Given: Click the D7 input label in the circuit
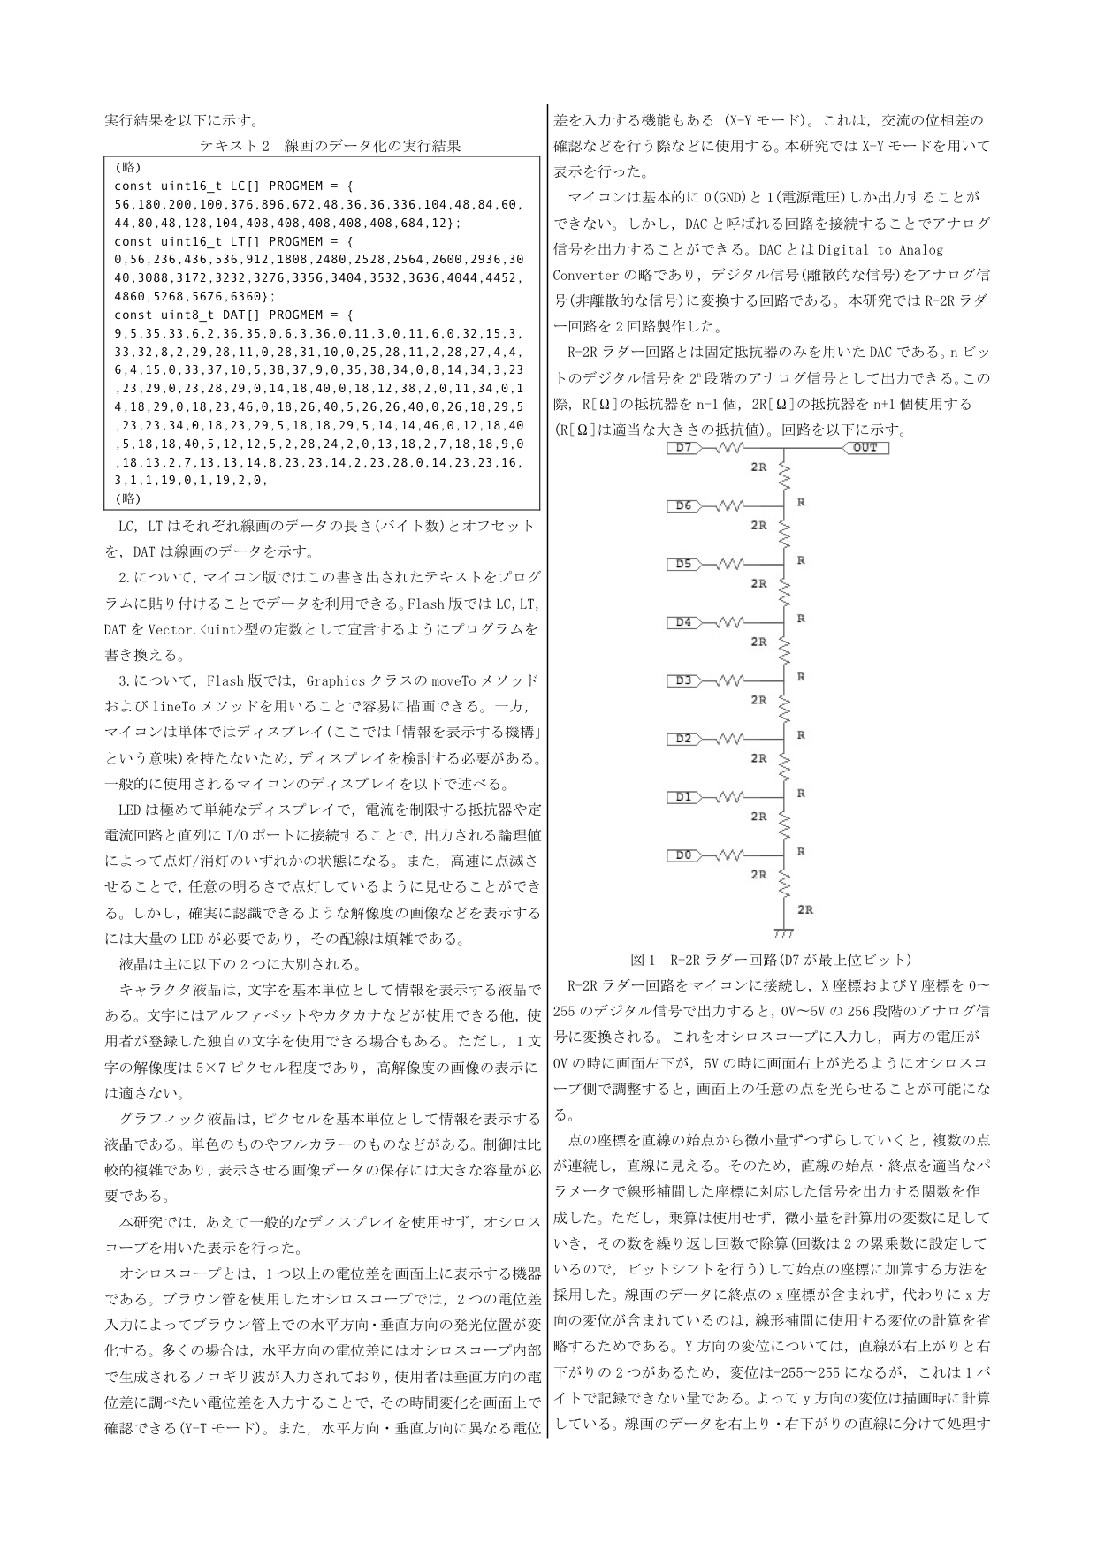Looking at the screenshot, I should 683,448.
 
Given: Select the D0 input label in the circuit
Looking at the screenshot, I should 683,855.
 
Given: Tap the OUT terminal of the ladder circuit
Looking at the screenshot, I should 865,448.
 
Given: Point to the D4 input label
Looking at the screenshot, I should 683,622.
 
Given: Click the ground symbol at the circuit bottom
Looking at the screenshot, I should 783,932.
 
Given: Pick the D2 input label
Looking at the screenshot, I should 683,739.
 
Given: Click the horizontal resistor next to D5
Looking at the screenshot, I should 730,564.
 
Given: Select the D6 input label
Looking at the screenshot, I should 683,506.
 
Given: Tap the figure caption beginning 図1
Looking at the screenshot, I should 770,960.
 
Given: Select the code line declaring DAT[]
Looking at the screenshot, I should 234,315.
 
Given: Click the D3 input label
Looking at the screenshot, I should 683,680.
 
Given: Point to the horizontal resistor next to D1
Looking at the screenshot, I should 730,797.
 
